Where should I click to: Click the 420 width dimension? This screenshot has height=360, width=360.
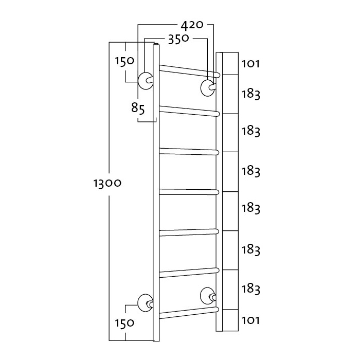tap(192, 26)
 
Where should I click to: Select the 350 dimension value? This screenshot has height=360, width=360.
tap(178, 39)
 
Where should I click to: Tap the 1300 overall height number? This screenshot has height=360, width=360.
tap(107, 184)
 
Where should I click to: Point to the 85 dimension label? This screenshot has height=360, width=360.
tap(138, 109)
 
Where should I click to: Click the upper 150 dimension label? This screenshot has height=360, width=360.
tap(124, 62)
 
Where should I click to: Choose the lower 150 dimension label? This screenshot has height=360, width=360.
tap(124, 323)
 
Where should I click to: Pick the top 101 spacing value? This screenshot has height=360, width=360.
tap(250, 64)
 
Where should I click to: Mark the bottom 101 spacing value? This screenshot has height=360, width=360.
tap(250, 320)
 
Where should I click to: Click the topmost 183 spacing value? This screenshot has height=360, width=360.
tap(251, 94)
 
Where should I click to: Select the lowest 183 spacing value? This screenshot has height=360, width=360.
tap(251, 289)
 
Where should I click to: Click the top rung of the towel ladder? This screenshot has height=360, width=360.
tap(190, 71)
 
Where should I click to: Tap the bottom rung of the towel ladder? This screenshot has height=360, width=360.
tap(189, 313)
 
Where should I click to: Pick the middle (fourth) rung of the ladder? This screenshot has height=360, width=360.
tap(189, 191)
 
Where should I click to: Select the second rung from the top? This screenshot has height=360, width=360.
tap(190, 111)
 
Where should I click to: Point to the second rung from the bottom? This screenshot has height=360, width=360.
tap(189, 273)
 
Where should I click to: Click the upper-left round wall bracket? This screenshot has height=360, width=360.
tap(146, 81)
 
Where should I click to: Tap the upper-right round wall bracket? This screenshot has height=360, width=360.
tap(208, 88)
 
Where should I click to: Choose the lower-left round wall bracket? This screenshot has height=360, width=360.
tap(145, 303)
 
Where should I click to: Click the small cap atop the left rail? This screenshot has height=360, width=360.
tap(156, 44)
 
